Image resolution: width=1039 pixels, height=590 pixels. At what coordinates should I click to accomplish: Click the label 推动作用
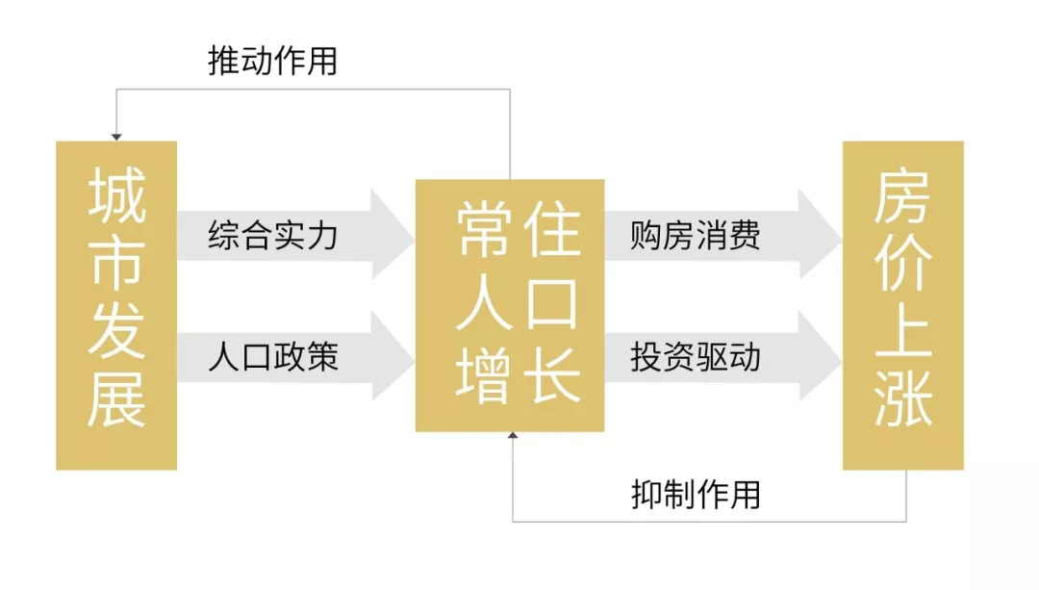[x=273, y=62]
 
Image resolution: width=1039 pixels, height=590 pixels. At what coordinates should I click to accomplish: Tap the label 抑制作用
[x=696, y=494]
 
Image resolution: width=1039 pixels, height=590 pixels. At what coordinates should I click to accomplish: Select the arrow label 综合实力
[x=273, y=235]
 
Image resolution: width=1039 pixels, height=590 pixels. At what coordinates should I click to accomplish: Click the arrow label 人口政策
[x=273, y=358]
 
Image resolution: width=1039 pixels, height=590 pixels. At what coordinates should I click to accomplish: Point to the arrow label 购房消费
[x=696, y=235]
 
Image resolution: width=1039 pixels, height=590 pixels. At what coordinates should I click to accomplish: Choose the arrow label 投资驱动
[x=696, y=358]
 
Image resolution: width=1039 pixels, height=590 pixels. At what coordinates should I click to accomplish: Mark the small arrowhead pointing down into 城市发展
[x=116, y=137]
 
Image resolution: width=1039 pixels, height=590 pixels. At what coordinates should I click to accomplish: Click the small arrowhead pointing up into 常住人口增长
[x=512, y=437]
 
